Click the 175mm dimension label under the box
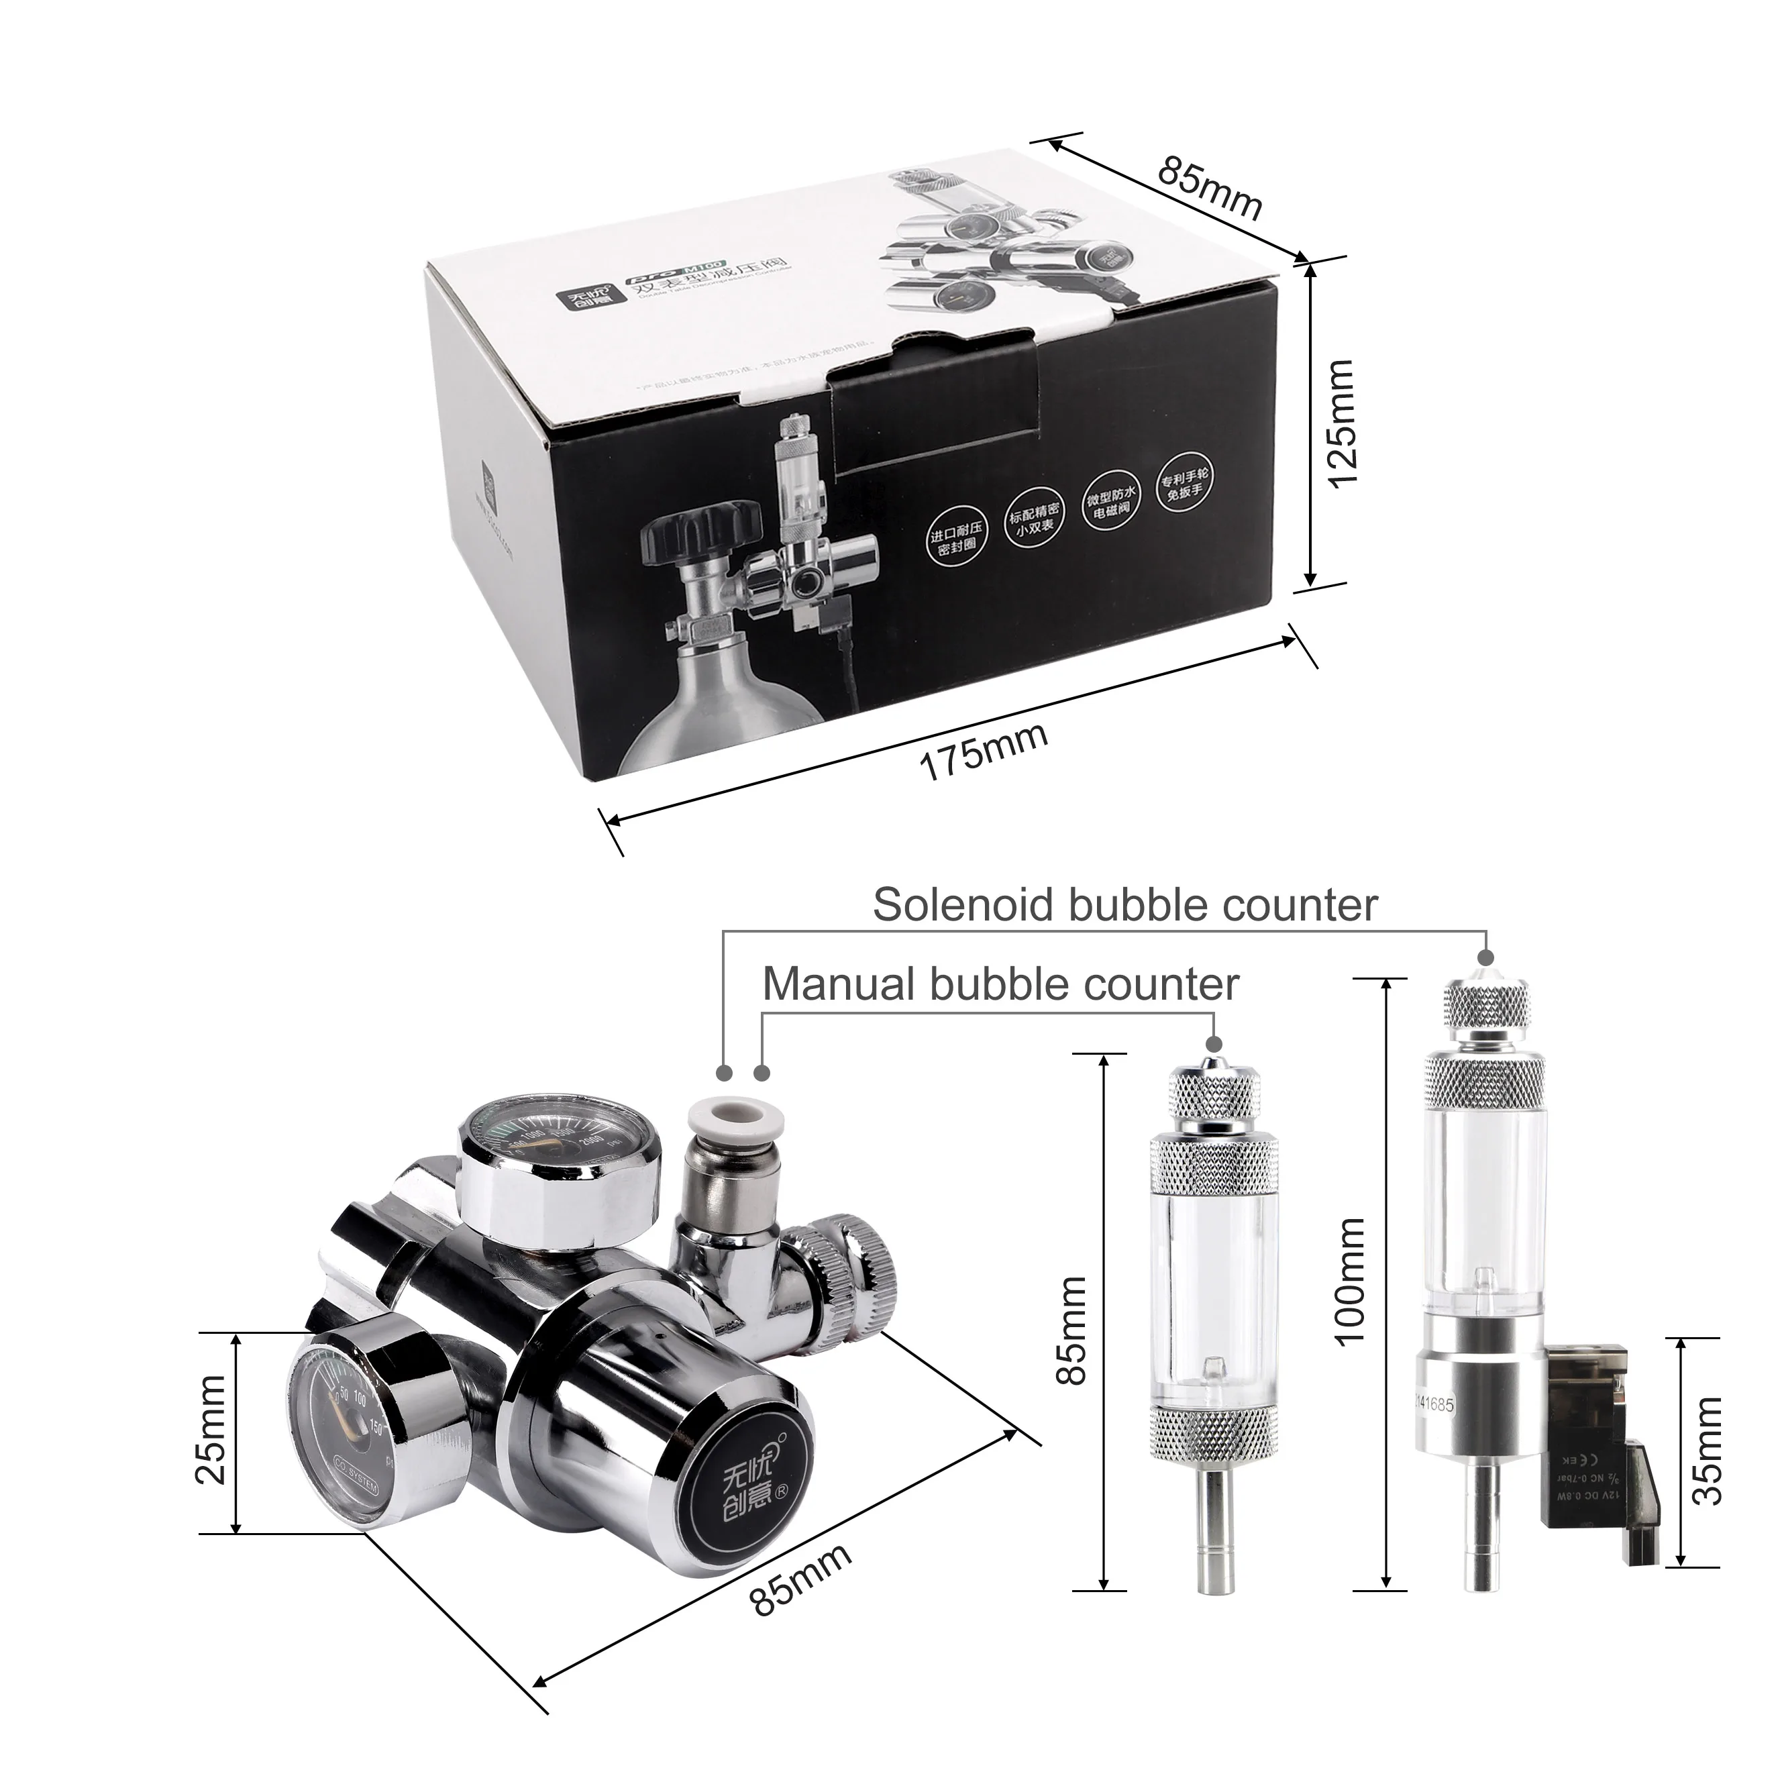(x=983, y=751)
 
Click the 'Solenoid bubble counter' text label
(x=1124, y=905)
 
